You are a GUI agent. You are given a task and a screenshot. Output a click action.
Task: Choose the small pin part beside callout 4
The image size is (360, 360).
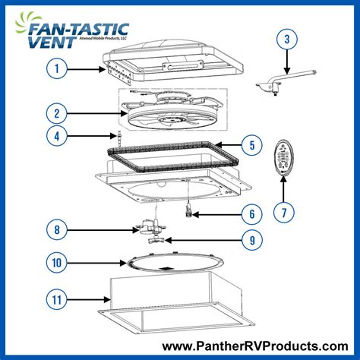120,138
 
